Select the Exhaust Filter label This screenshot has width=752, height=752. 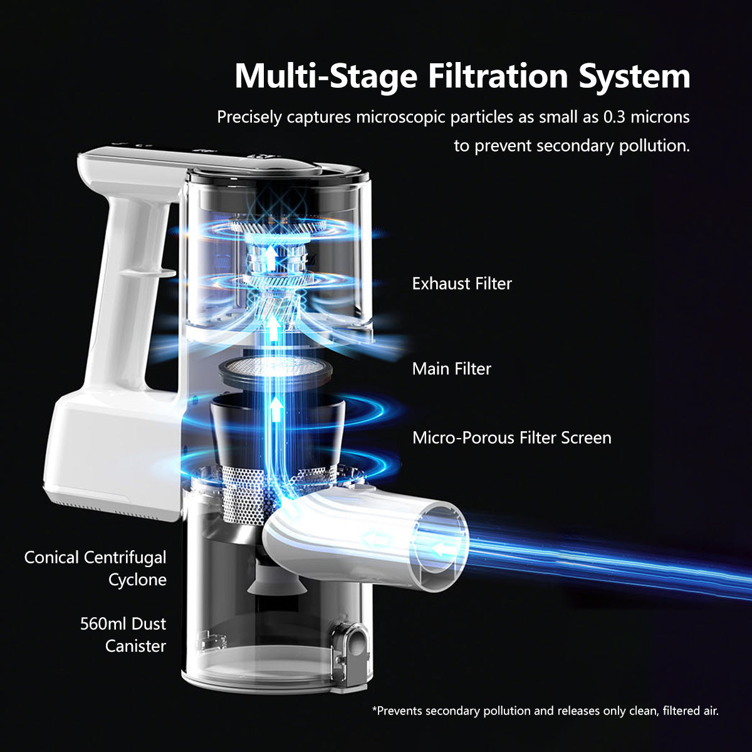(462, 283)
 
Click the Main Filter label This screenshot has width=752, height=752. (451, 368)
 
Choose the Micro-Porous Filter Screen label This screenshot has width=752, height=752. (511, 437)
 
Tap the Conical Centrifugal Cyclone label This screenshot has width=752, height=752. (95, 568)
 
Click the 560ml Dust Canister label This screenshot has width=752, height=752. (123, 635)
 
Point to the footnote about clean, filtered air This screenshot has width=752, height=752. (545, 711)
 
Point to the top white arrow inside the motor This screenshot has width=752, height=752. (269, 254)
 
